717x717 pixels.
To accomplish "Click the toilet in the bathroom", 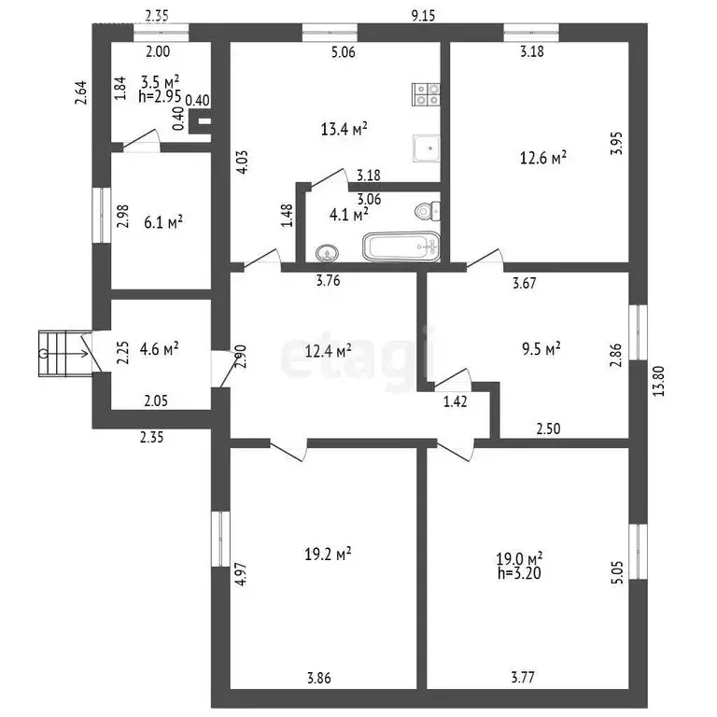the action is (x=428, y=211).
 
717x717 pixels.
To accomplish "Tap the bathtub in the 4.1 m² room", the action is (x=401, y=247).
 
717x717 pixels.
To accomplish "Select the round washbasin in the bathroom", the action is (x=327, y=253).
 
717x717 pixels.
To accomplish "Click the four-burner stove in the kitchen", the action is (x=426, y=94).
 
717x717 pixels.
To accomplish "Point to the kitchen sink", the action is (x=426, y=148).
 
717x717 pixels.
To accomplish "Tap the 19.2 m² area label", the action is (x=328, y=555).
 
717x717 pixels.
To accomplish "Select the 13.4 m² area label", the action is (x=344, y=129).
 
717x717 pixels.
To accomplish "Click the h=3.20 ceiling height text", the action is (x=519, y=573).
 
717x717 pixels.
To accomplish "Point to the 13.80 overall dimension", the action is (x=659, y=381).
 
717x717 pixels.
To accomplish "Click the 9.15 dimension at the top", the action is (x=424, y=16).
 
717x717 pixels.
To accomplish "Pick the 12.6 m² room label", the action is (x=543, y=158).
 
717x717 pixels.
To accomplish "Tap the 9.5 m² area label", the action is (x=541, y=349).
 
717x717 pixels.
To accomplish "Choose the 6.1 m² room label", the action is (x=163, y=223).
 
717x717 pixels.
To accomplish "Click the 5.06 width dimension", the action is (x=343, y=52).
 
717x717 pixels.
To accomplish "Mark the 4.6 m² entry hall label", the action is (x=159, y=349).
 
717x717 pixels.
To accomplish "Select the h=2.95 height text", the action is (x=160, y=96).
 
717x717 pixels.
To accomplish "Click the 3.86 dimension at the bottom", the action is (x=318, y=678).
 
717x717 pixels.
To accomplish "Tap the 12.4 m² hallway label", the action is (x=329, y=351).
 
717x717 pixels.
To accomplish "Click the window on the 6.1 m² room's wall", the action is (x=102, y=215).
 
